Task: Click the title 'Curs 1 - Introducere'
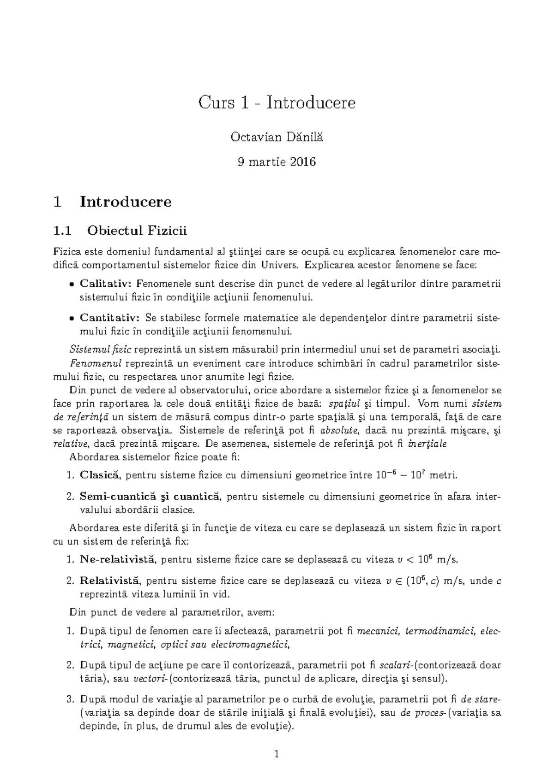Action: click(277, 102)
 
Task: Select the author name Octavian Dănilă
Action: click(277, 137)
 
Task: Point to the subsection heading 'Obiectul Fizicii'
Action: click(138, 230)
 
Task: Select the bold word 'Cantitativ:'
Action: click(110, 318)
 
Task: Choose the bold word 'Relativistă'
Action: click(109, 581)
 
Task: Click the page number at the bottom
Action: click(277, 755)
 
